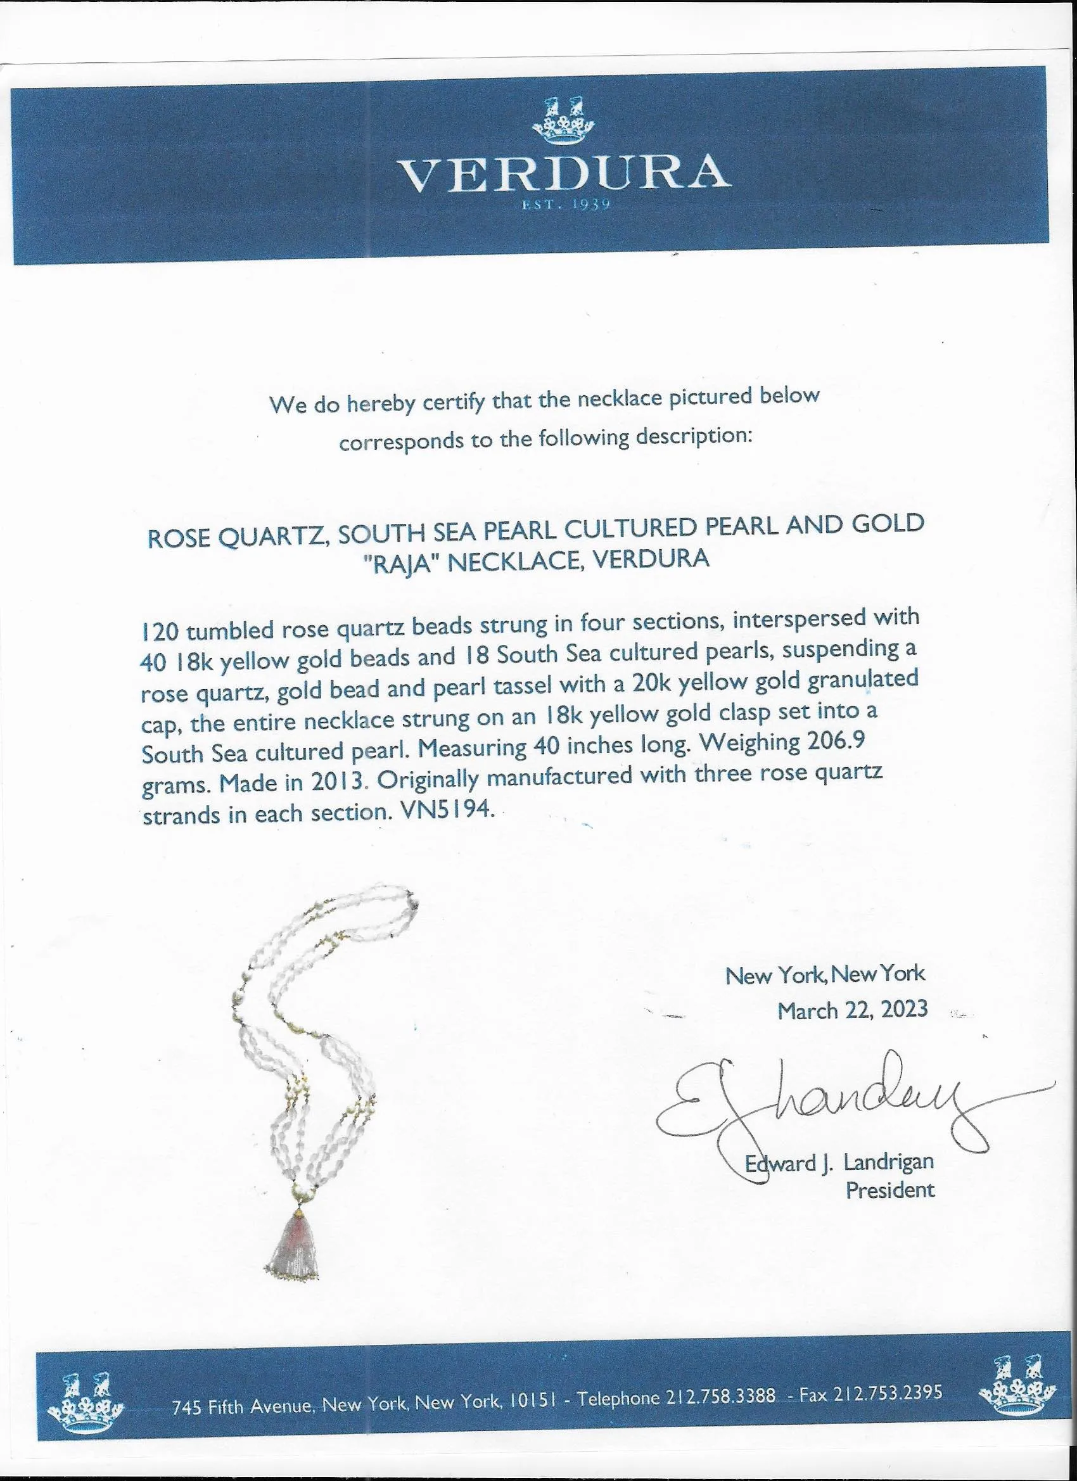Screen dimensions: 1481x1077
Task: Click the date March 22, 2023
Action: click(851, 1010)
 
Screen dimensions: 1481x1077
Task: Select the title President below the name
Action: click(889, 1190)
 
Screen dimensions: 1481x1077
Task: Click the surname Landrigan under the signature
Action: click(888, 1162)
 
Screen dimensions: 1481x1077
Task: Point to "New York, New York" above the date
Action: click(825, 975)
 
